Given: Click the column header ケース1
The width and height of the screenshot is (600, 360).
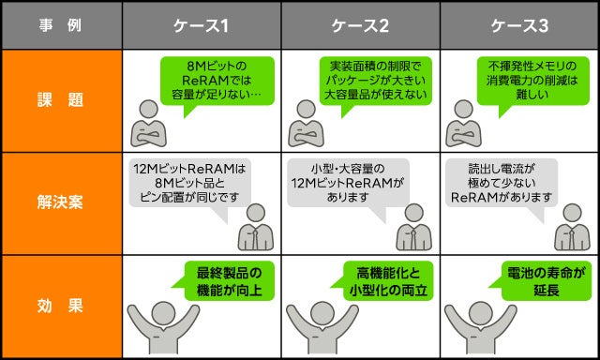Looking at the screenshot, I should click(x=202, y=25).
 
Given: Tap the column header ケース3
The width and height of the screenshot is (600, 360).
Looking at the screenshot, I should click(x=518, y=25).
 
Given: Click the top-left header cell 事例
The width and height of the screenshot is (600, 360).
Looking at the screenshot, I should click(x=61, y=25).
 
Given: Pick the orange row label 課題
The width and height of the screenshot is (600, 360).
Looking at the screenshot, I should click(x=61, y=100).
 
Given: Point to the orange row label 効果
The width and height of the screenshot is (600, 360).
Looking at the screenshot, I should click(x=61, y=305).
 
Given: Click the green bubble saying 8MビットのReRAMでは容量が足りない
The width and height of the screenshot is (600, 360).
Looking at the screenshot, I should click(x=217, y=82).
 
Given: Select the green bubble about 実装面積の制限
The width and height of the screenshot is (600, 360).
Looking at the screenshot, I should click(x=375, y=81).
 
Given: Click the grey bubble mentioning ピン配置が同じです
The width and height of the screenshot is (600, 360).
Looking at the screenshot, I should click(x=188, y=183).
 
